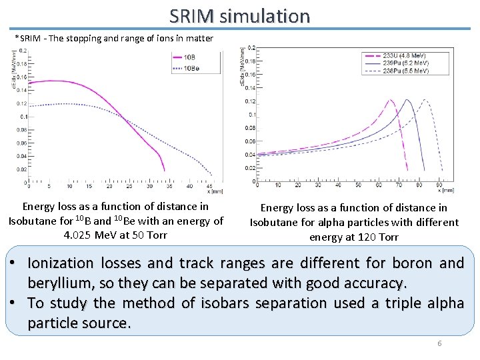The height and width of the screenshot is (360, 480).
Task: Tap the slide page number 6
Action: click(x=439, y=343)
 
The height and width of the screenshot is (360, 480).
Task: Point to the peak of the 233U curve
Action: click(x=389, y=101)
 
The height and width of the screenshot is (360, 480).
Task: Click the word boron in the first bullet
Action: click(x=419, y=263)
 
